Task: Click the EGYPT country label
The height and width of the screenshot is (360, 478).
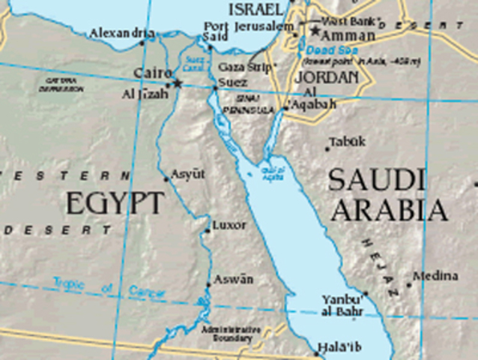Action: pos(114,203)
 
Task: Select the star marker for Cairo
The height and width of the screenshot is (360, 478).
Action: pos(178,82)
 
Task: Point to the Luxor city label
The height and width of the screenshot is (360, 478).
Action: pos(229,224)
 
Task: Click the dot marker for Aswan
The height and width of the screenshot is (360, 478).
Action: pos(208,285)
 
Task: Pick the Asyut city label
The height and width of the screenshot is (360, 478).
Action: pos(187,174)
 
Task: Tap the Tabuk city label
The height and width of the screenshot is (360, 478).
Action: pos(348,141)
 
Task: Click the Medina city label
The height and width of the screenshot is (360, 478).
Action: pos(434,275)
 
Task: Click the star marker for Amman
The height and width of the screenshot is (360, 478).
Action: pos(315,31)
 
